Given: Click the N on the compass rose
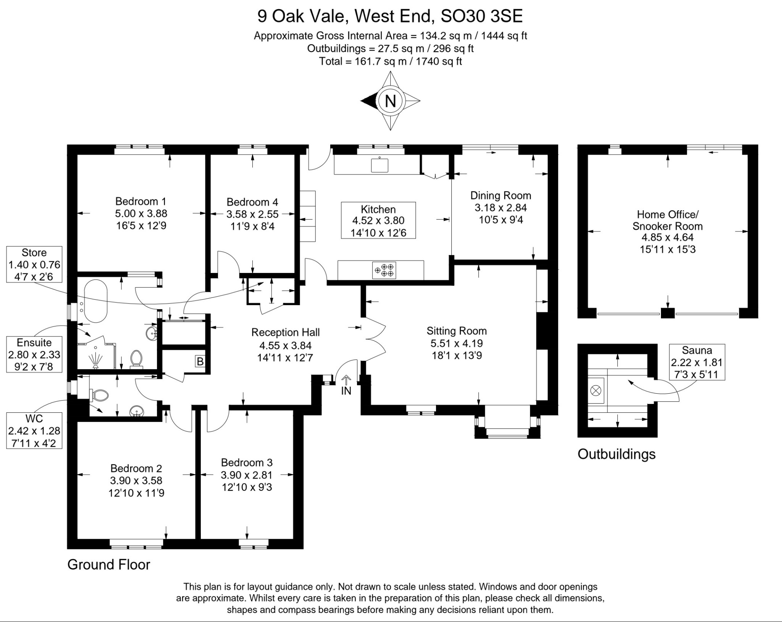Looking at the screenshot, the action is click(390, 101).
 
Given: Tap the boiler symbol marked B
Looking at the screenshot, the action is click(200, 361).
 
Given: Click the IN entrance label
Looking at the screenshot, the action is click(346, 391).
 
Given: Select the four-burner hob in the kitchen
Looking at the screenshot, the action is click(384, 270).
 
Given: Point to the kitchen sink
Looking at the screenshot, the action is click(380, 165).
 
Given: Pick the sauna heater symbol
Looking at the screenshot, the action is click(596, 391).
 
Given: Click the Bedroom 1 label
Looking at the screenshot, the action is click(141, 201).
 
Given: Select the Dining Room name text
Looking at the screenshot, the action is click(501, 195).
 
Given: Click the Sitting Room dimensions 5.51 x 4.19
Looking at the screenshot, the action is click(457, 343).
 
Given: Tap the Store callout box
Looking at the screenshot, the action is click(34, 264).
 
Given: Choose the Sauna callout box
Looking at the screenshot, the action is click(697, 362).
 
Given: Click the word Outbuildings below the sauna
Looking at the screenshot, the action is click(616, 454).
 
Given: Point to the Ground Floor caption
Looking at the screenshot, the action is click(109, 564).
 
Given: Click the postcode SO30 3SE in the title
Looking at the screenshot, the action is click(481, 16).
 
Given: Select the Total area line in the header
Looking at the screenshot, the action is click(391, 61).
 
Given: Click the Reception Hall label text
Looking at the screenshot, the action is click(285, 332).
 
